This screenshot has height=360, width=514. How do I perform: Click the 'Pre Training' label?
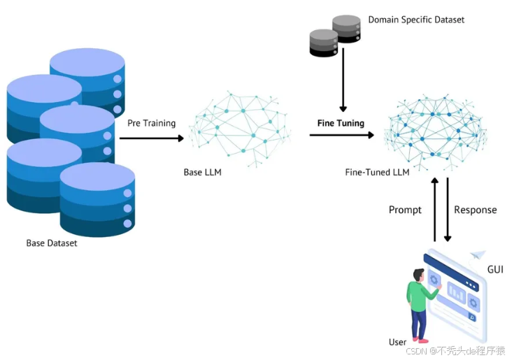coord(151,123)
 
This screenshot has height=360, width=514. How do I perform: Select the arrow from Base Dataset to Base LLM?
coord(151,138)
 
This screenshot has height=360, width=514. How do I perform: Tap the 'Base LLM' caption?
coord(202,172)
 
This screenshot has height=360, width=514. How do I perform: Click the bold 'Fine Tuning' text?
coord(341,123)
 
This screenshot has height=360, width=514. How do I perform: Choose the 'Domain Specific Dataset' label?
coord(416,20)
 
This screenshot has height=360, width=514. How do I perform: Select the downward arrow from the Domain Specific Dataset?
coord(343,84)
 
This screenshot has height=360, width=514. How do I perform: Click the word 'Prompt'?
coord(405,210)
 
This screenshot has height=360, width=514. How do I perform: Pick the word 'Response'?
coord(476,210)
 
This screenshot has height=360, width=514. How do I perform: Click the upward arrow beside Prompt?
coord(434,210)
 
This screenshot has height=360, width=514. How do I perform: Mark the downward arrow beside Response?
coord(448,210)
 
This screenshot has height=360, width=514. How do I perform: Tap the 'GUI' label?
coord(494,269)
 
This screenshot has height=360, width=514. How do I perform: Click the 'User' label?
coord(397,342)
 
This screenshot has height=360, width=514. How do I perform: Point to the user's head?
coord(418,275)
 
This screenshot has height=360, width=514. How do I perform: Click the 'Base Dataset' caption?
coord(52,243)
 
